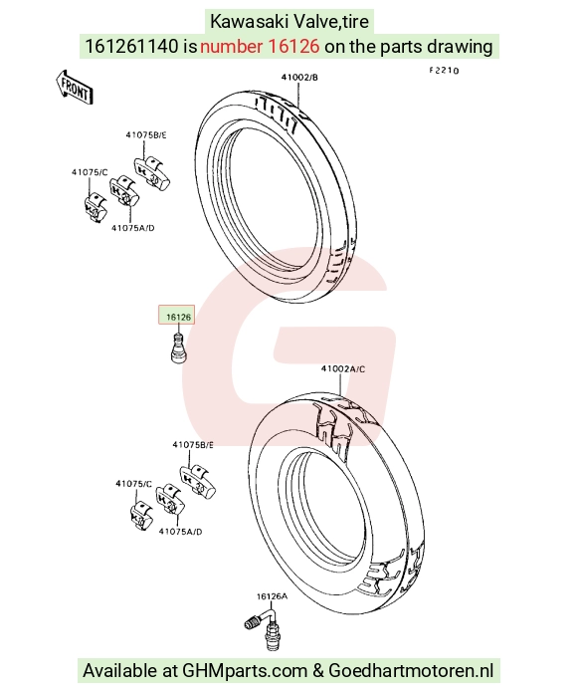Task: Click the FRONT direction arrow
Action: (x=75, y=88)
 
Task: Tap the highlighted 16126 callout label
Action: (x=177, y=315)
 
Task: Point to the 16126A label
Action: (x=272, y=596)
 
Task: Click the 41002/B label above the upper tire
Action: (x=299, y=78)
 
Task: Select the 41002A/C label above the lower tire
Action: (x=343, y=369)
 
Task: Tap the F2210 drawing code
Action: (x=445, y=71)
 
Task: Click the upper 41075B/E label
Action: (x=146, y=135)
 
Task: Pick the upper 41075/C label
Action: (x=90, y=172)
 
